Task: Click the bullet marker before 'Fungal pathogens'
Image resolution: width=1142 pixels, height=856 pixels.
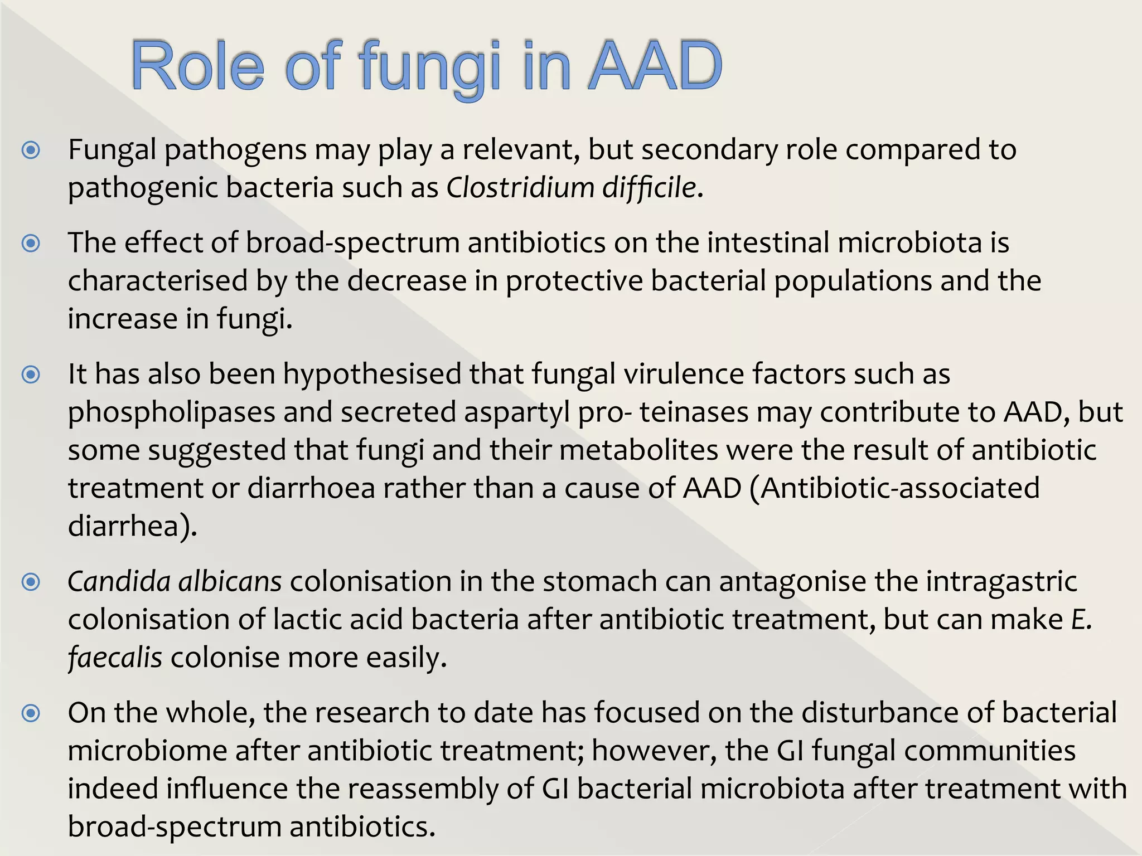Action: point(31,150)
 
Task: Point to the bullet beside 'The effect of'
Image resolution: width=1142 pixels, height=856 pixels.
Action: point(31,244)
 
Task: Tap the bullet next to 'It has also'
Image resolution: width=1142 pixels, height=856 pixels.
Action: point(31,374)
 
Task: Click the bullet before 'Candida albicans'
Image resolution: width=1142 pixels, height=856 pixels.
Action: point(31,582)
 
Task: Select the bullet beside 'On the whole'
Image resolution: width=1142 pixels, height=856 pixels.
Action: point(31,713)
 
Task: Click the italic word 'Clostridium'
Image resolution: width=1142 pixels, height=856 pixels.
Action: point(520,188)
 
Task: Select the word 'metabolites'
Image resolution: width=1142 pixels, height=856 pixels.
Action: point(638,450)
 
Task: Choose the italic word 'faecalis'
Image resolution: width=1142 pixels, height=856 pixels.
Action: point(115,658)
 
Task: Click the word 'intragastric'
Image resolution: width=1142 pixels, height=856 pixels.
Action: point(1001,582)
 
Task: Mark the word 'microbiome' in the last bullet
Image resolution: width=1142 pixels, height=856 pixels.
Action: point(147,751)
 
